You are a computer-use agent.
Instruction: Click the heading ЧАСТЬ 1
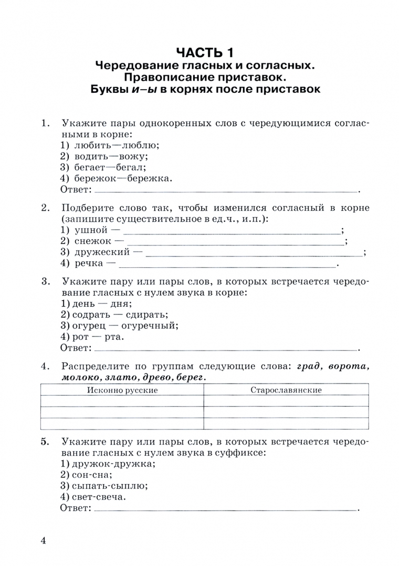205,52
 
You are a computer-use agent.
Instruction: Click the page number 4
45,541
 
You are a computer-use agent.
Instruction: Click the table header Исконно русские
122,390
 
